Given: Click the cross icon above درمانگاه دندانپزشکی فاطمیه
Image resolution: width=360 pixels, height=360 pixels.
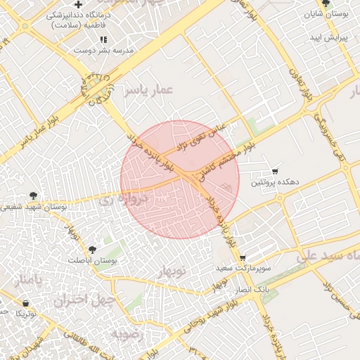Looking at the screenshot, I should [78, 6].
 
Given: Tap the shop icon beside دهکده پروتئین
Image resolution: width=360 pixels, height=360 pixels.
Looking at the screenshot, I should [275, 172].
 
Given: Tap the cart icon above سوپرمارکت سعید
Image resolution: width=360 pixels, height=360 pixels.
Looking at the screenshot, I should [243, 259].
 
